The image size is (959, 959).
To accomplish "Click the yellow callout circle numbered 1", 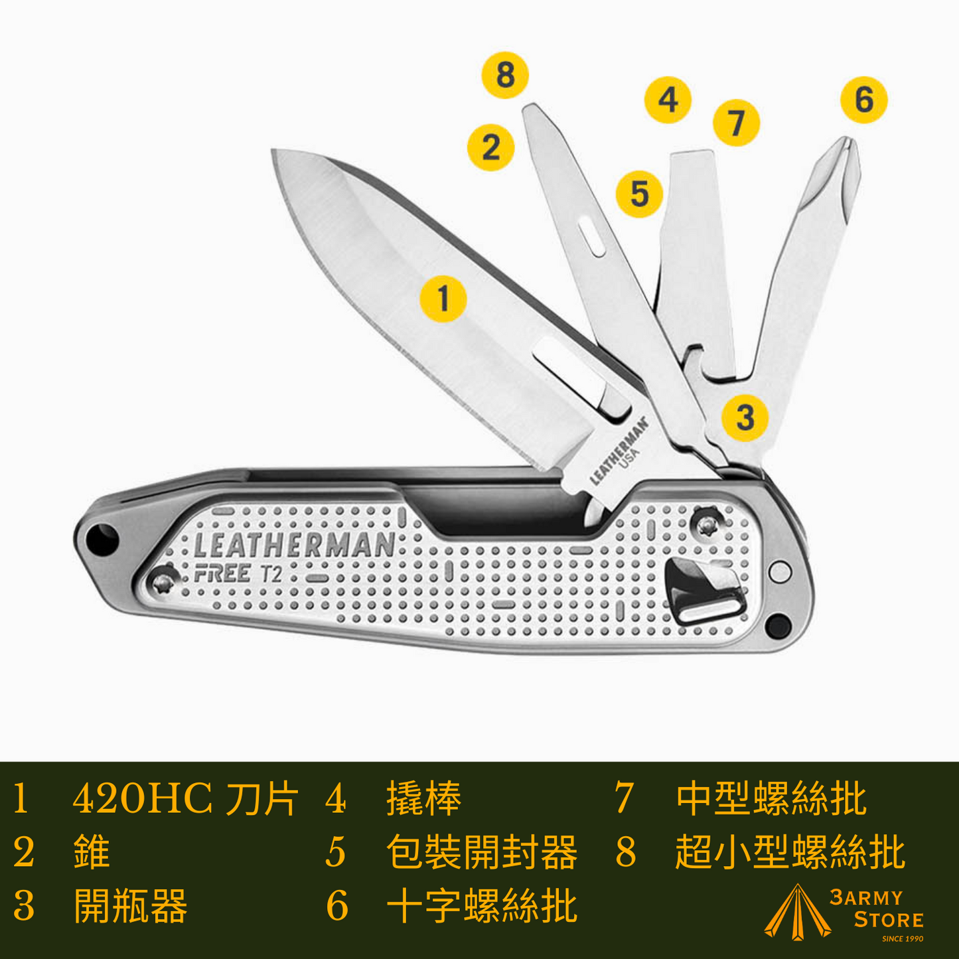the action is pyautogui.click(x=443, y=299).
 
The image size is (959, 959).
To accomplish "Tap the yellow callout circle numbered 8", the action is pyautogui.click(x=505, y=75).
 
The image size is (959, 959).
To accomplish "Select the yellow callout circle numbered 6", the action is pyautogui.click(x=864, y=100).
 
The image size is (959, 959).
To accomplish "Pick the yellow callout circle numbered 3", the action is pyautogui.click(x=745, y=417).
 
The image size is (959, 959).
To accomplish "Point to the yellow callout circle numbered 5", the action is pyautogui.click(x=640, y=194).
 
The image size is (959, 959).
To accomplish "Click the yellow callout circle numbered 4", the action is pyautogui.click(x=668, y=100).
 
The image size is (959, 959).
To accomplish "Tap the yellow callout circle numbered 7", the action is pyautogui.click(x=737, y=122).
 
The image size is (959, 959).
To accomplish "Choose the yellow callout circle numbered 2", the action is pyautogui.click(x=491, y=147).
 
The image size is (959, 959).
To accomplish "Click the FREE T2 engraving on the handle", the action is pyautogui.click(x=238, y=574).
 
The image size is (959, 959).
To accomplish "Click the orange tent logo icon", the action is pyautogui.click(x=798, y=913).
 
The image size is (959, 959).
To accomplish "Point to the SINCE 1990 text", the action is pyautogui.click(x=903, y=939).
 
